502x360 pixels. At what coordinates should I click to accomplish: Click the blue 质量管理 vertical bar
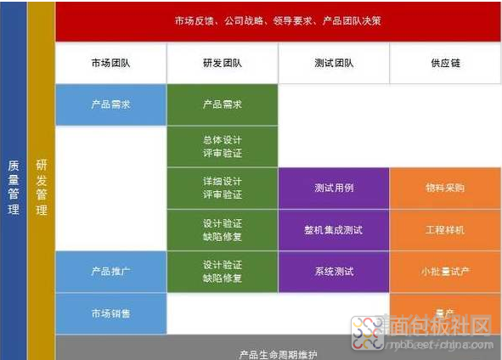[13, 180]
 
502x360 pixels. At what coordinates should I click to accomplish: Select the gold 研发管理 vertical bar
[41, 180]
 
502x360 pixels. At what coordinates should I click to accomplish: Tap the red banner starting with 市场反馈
[278, 20]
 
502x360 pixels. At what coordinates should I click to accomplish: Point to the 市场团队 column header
[111, 63]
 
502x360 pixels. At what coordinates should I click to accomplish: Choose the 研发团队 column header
[223, 63]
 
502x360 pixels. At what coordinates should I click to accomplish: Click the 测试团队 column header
[334, 63]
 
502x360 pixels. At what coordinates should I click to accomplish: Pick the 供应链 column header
[445, 63]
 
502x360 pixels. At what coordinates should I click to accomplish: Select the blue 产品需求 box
[111, 104]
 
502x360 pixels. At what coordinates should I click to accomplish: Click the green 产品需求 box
[223, 104]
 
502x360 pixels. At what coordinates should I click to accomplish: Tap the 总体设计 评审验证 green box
[223, 146]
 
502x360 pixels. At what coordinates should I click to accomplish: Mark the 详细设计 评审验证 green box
[223, 188]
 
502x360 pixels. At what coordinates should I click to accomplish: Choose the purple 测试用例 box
[334, 188]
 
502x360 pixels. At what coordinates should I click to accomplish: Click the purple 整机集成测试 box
[334, 229]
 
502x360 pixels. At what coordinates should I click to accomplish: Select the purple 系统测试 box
[334, 271]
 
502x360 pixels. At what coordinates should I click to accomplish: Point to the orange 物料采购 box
[445, 188]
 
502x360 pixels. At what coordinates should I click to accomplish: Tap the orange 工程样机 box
[445, 229]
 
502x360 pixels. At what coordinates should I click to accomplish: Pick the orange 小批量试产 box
[445, 271]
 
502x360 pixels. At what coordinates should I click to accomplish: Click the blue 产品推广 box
[111, 271]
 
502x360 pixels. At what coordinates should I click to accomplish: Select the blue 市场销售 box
[111, 313]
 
